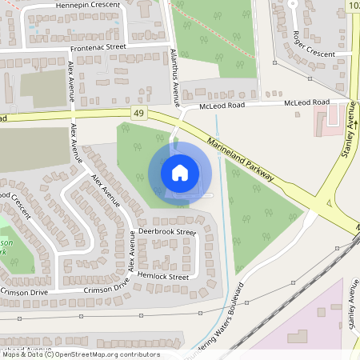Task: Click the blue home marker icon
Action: pyautogui.click(x=180, y=172)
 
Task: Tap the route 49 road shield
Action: pyautogui.click(x=140, y=114)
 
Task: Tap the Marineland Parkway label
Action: pyautogui.click(x=240, y=158)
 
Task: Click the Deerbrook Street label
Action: pyautogui.click(x=166, y=232)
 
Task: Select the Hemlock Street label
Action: pyautogui.click(x=163, y=277)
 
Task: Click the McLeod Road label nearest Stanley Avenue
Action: pyautogui.click(x=309, y=102)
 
